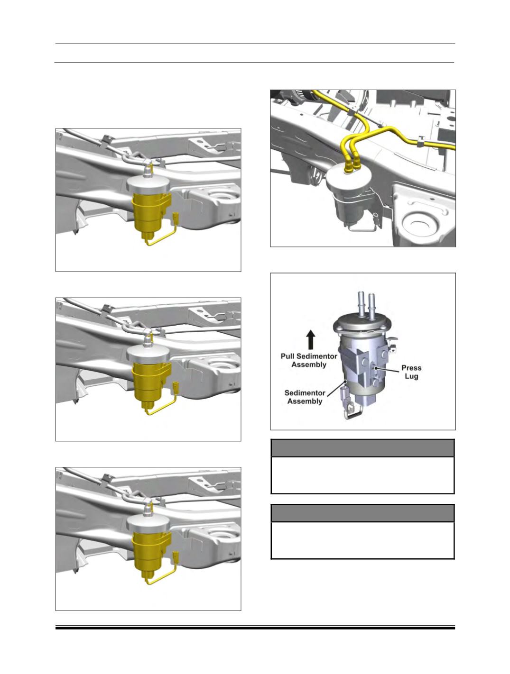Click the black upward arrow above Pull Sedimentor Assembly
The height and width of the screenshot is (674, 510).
pos(311,340)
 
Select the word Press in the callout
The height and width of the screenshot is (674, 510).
pos(411,368)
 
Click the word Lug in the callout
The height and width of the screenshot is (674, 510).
pos(411,376)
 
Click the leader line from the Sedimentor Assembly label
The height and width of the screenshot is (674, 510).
pos(337,388)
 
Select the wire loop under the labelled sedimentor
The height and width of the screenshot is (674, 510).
pos(353,413)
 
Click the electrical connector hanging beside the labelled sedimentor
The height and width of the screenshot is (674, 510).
pos(344,397)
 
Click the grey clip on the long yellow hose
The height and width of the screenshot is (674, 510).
pos(420,142)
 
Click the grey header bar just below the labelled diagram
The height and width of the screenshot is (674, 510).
pos(362,448)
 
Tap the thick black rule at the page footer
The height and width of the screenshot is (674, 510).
pos(255,628)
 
